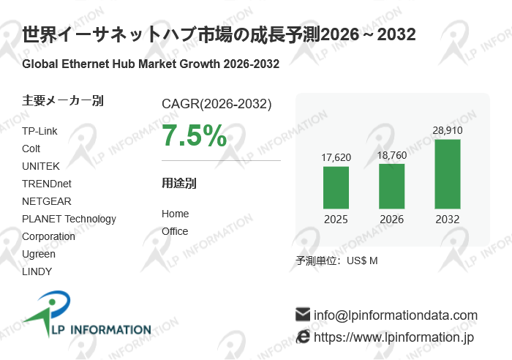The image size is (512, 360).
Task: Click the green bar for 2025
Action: [x=336, y=187]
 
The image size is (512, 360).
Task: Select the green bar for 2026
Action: [x=392, y=186]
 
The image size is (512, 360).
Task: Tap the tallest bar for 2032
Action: [x=448, y=174]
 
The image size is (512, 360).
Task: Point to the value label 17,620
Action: [x=336, y=157]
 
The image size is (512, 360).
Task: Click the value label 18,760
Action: [x=392, y=155]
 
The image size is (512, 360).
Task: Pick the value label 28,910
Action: [x=448, y=130]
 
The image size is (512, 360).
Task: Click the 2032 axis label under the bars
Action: [x=448, y=220]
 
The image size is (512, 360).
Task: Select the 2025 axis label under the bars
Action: [x=336, y=220]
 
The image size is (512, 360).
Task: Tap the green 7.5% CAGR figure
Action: [x=194, y=135]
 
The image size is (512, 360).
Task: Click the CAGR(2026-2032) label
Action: [x=217, y=104]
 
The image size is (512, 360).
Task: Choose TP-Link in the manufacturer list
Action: [x=39, y=131]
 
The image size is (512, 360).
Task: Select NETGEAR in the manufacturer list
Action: [x=47, y=201]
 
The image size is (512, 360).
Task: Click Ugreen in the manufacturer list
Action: [x=39, y=254]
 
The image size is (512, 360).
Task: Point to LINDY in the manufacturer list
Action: [x=37, y=271]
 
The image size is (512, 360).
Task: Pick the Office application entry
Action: [x=175, y=231]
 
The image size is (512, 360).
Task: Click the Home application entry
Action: [x=175, y=214]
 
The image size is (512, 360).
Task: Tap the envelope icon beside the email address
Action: [x=303, y=315]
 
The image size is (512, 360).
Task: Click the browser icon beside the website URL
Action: [x=303, y=337]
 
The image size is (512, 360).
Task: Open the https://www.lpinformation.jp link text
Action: [x=394, y=337]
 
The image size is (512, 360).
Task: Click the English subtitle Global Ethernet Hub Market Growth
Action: [x=151, y=64]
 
